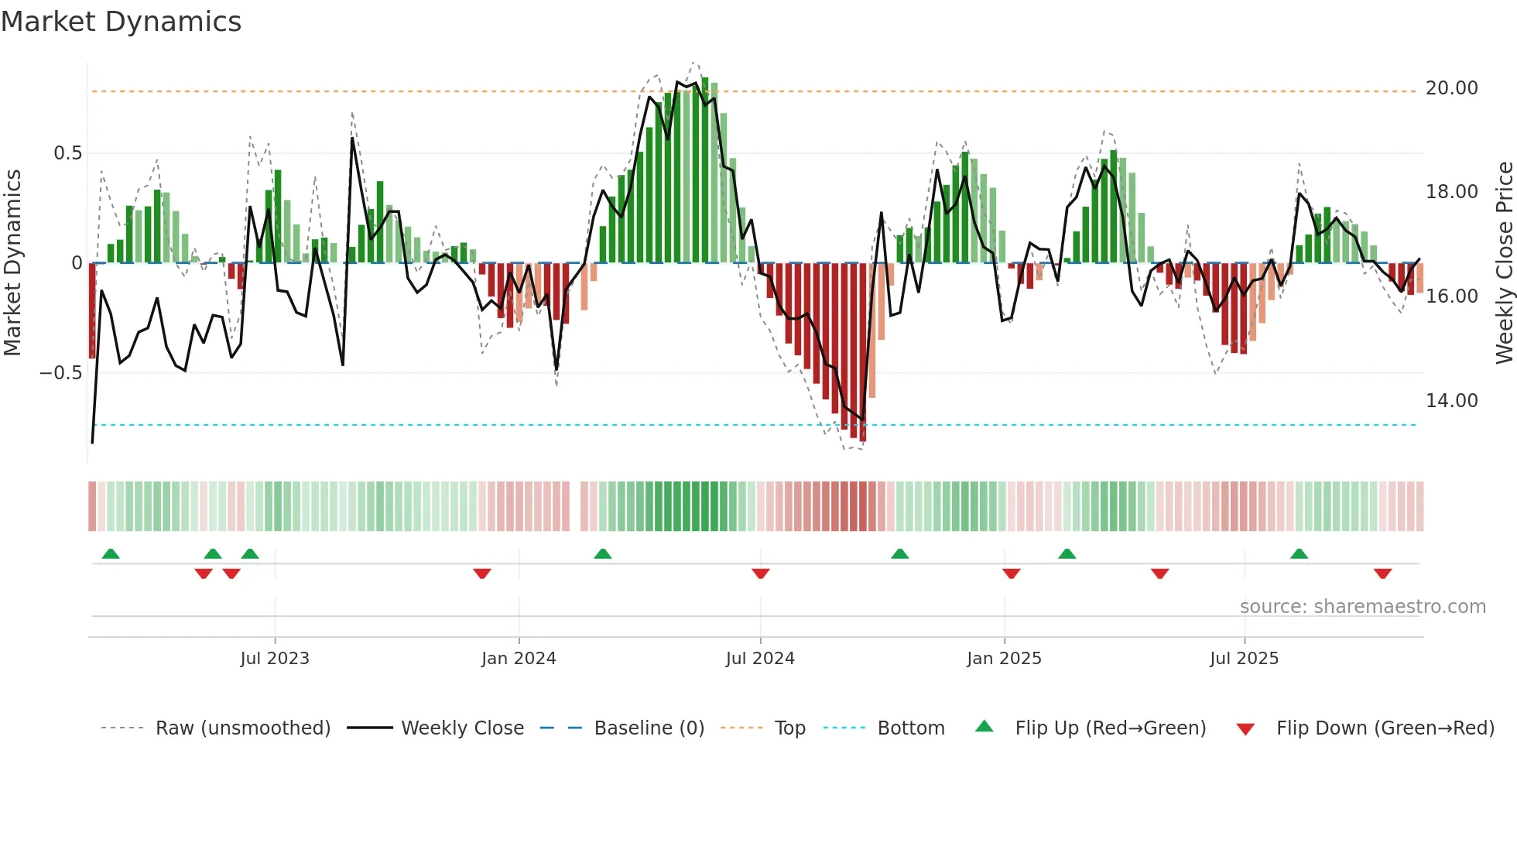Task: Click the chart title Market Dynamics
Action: coord(121,22)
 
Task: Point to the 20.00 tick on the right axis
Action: coord(1451,88)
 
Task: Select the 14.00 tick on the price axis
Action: coord(1451,401)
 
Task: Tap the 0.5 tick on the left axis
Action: coord(67,153)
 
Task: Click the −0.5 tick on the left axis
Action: coord(61,373)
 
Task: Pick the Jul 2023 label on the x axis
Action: coord(274,659)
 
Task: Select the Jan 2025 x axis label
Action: coord(1004,659)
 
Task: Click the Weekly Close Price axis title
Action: coord(1504,262)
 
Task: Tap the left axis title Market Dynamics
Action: coord(12,262)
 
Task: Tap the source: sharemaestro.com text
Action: coord(1362,607)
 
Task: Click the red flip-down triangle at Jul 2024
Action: coord(760,574)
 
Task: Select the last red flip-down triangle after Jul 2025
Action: coord(1382,574)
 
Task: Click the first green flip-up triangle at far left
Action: coord(111,553)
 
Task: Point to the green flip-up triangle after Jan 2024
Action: coord(603,553)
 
